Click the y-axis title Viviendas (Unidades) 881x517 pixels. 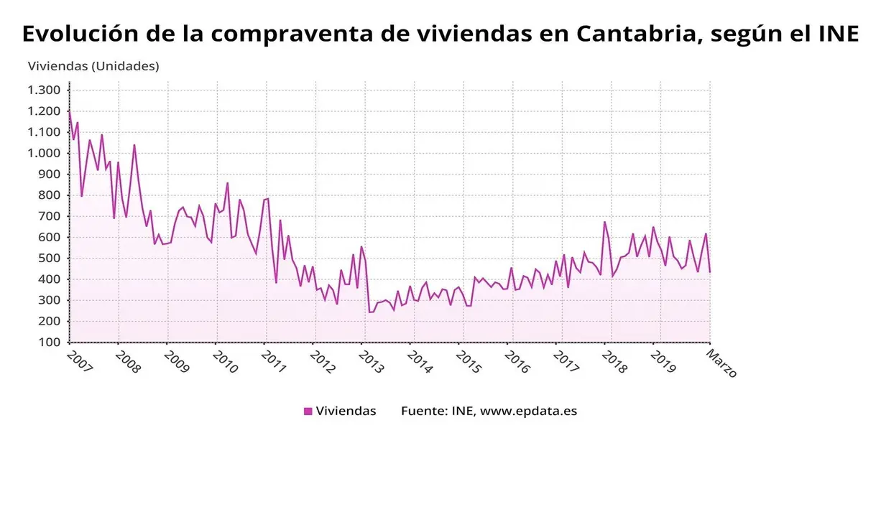93,66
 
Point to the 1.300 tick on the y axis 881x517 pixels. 44,90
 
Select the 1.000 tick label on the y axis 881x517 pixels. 44,153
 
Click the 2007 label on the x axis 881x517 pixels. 80,362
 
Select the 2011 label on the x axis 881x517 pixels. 274,362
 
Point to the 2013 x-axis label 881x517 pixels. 371,362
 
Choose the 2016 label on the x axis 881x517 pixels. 517,362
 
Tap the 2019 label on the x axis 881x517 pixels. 663,362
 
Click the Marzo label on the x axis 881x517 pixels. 721,363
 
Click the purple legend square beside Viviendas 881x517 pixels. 308,411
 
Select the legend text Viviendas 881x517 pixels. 346,411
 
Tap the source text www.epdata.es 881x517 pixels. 528,411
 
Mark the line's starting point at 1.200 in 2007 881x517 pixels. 70,111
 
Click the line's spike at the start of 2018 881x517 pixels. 604,222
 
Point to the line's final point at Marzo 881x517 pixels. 710,271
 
